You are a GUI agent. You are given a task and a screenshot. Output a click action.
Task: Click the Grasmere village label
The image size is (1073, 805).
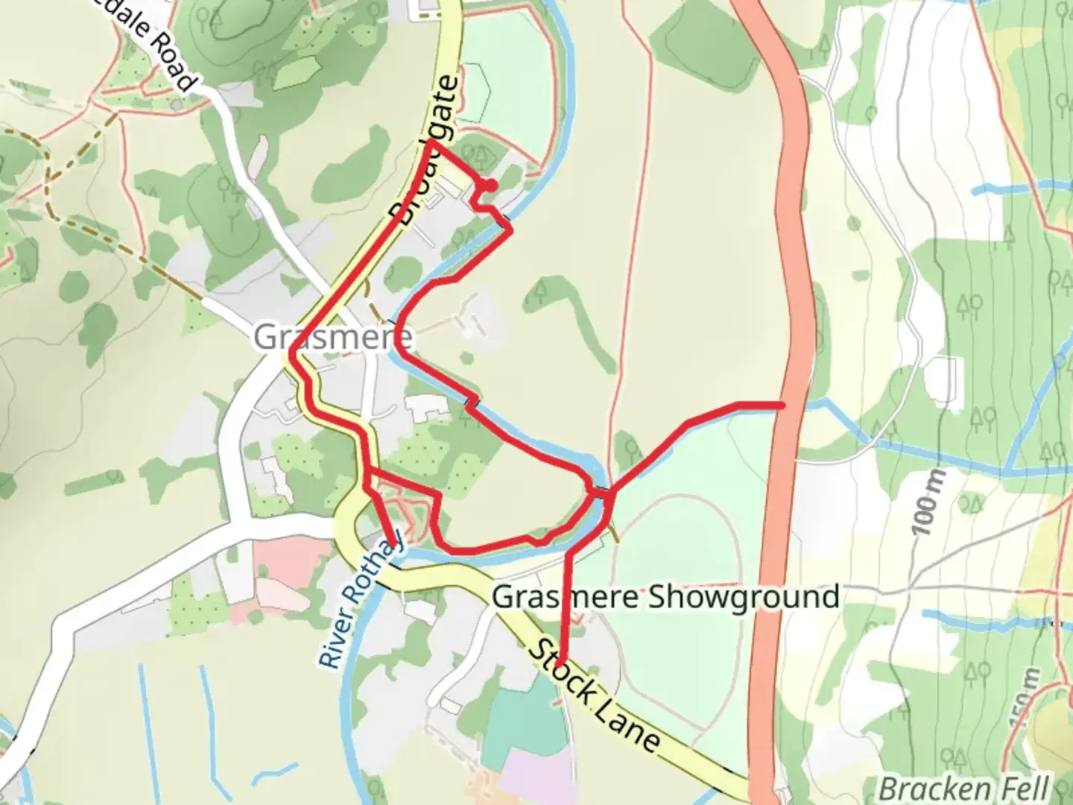click(332, 338)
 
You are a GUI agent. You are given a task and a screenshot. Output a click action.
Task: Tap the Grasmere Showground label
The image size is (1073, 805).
click(665, 597)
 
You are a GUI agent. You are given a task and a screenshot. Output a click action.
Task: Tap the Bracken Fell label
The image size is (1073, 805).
click(964, 788)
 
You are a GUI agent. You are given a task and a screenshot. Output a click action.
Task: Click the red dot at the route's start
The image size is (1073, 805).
click(490, 185)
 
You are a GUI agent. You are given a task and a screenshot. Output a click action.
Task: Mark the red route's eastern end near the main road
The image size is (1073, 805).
click(781, 405)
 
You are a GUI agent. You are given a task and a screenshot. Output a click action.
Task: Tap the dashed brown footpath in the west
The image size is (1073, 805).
click(134, 253)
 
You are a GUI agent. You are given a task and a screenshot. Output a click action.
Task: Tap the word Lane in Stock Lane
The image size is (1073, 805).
click(627, 723)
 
